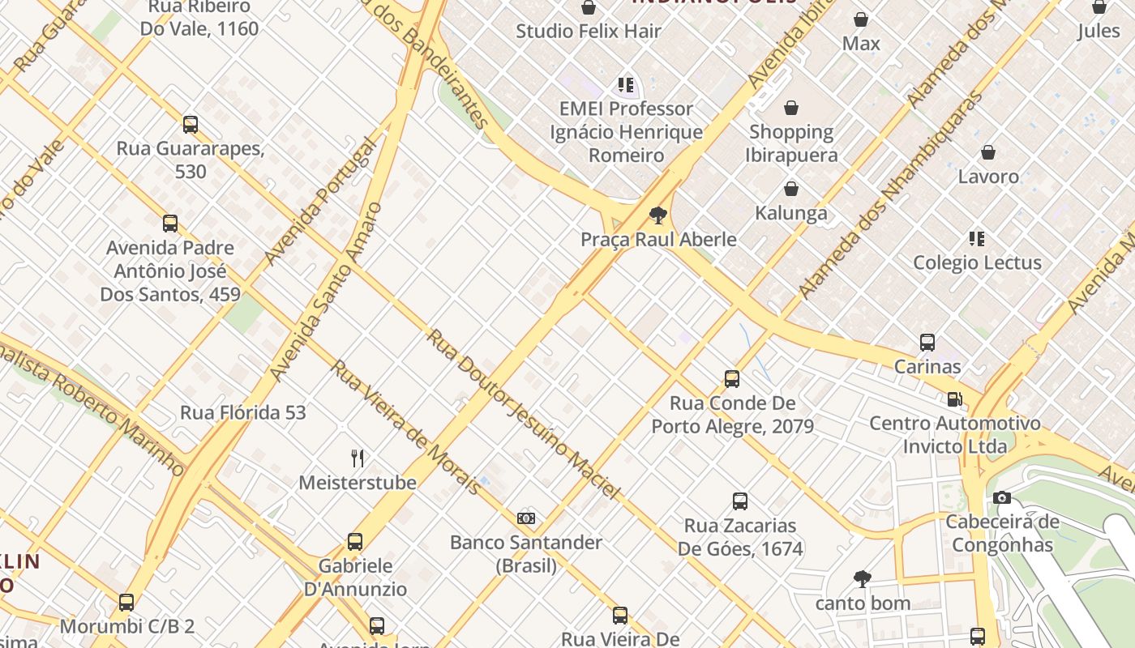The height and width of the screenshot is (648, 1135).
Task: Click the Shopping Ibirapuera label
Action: point(791,143)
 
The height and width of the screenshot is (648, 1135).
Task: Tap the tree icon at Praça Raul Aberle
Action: point(658,215)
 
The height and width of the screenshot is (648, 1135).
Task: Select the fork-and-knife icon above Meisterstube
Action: point(358,458)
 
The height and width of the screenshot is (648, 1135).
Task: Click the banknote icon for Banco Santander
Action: point(526,518)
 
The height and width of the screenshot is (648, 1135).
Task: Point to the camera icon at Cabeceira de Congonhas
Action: point(1002,497)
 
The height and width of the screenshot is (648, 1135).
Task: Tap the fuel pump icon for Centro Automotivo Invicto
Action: point(955,399)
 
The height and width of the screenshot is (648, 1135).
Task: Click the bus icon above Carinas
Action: point(927,343)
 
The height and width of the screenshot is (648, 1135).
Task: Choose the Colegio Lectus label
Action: point(977,262)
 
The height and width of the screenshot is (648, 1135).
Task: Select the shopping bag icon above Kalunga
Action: point(791,189)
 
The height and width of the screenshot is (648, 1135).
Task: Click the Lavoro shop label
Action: point(988,176)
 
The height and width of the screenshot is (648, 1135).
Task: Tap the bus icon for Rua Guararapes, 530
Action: point(191,125)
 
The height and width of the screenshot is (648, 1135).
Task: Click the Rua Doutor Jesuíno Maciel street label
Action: point(523,414)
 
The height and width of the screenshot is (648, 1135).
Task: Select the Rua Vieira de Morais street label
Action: point(406,427)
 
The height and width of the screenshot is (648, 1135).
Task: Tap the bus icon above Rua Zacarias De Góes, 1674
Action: point(740,501)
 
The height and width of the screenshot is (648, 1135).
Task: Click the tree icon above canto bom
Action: point(863,579)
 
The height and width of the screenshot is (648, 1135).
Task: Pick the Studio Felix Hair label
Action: point(589,32)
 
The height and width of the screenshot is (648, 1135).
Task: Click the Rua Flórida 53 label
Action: point(242,412)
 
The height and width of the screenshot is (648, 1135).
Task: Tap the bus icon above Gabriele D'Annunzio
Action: point(355,542)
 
